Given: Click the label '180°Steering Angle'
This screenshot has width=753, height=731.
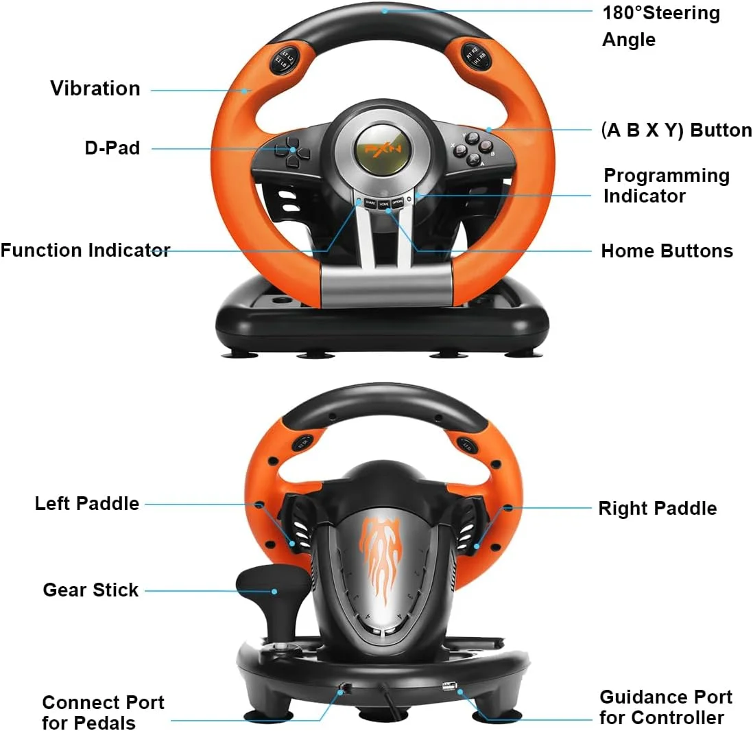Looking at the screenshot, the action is (x=661, y=26).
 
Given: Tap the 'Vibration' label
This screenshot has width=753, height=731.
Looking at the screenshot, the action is (x=95, y=89).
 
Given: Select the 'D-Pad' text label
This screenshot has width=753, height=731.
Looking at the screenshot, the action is (x=112, y=148).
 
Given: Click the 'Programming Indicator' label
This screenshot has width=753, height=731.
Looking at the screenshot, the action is (x=667, y=185).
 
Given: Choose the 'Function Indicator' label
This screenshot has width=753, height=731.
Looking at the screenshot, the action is (x=86, y=251).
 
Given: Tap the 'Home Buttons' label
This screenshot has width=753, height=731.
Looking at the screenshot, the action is (x=667, y=251).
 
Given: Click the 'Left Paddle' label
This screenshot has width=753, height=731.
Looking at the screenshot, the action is (x=87, y=504).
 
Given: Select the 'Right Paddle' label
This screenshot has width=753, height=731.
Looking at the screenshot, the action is (x=658, y=509).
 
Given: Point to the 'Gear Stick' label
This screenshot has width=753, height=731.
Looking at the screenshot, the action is (x=91, y=590).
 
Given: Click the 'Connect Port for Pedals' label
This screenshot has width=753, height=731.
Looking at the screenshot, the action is (x=103, y=712).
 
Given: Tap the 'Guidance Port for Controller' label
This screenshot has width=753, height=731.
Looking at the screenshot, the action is (x=666, y=707).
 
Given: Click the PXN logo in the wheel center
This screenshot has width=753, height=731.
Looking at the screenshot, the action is (x=383, y=148).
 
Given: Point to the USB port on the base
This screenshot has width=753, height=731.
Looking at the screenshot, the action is (x=449, y=686).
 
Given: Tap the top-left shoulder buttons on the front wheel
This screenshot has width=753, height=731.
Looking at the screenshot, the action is (x=284, y=59).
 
